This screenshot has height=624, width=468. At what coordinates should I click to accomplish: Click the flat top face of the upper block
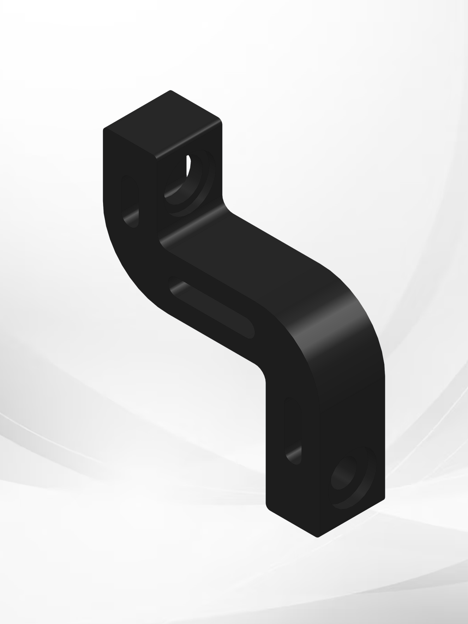[162, 124]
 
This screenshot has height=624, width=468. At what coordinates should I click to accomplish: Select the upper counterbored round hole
[189, 184]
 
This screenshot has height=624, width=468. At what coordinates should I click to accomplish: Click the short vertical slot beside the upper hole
[130, 201]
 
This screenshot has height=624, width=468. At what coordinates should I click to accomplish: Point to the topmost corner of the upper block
[170, 91]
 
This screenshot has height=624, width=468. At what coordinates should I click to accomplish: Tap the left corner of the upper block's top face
[104, 129]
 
